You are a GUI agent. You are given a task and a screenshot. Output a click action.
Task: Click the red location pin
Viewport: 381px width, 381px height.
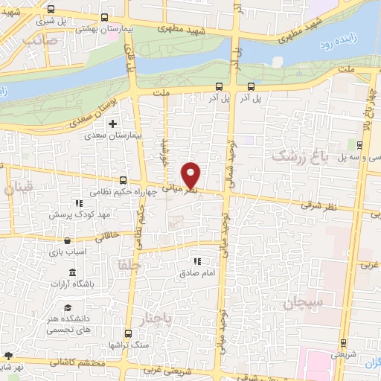point(191,174)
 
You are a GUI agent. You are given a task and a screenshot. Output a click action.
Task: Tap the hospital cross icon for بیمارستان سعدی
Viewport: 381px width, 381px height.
point(113,124)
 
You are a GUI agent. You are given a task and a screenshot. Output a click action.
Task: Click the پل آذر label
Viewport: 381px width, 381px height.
point(250,97)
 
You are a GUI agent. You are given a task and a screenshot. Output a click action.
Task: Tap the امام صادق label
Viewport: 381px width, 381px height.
point(196,273)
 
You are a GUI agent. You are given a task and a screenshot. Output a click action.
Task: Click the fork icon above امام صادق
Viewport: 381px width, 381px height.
point(197,261)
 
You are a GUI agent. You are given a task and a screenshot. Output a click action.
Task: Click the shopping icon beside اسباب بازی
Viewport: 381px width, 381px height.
point(68,241)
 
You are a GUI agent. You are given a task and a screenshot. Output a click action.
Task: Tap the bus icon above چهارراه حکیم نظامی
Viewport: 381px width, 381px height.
point(124,180)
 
